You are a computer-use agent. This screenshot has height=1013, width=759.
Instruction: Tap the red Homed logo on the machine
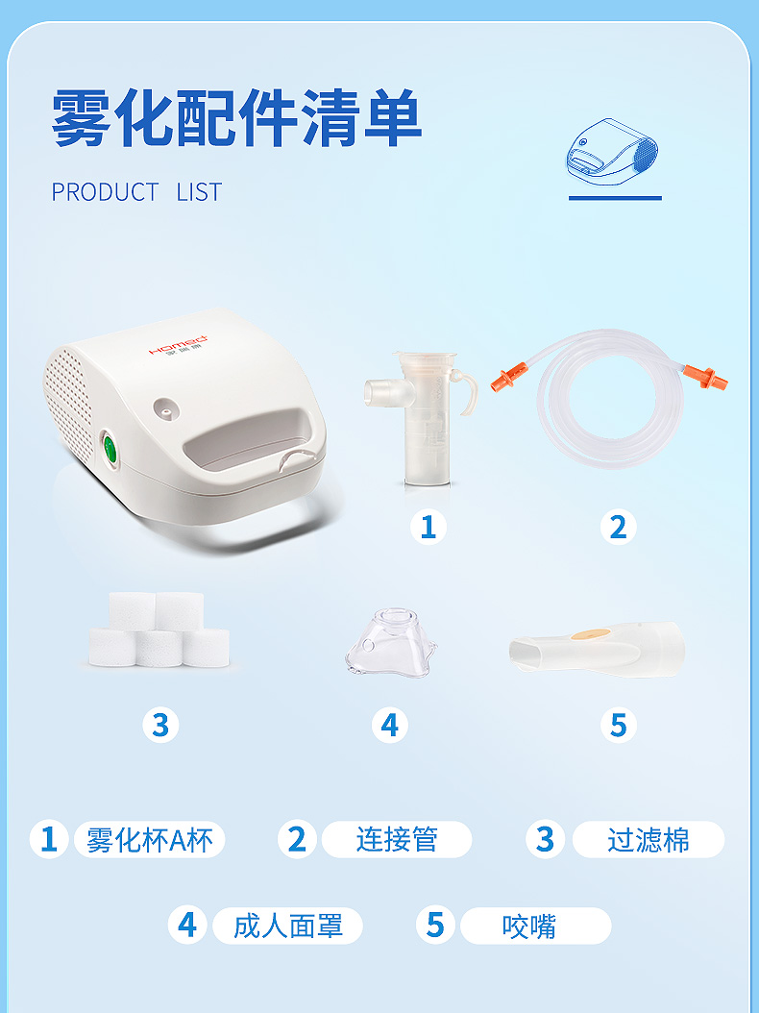[x=179, y=345]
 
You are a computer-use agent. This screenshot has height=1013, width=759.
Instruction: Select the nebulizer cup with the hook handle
[x=421, y=417]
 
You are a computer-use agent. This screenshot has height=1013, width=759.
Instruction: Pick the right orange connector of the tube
[x=705, y=376]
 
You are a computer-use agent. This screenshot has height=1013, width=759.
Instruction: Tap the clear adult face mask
[x=391, y=642]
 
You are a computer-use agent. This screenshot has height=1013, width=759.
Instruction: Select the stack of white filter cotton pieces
[x=159, y=630]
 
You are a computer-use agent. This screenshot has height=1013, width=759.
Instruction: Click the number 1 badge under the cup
[x=428, y=527]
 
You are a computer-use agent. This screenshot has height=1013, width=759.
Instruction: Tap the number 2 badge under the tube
[x=618, y=527]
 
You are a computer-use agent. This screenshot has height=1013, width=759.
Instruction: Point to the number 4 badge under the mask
[x=389, y=725]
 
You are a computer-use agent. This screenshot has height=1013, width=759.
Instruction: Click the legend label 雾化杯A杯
[x=149, y=840]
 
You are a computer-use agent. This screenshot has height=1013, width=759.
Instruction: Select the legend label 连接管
[x=397, y=840]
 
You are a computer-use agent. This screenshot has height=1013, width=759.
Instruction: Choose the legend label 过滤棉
[x=648, y=840]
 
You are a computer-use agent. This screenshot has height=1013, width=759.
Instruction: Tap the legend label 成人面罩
[x=288, y=926]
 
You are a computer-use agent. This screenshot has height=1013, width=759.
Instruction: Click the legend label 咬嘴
[x=529, y=926]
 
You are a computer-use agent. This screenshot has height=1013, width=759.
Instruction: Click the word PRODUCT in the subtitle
[x=105, y=192]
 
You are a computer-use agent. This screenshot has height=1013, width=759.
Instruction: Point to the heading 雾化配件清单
[x=236, y=117]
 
